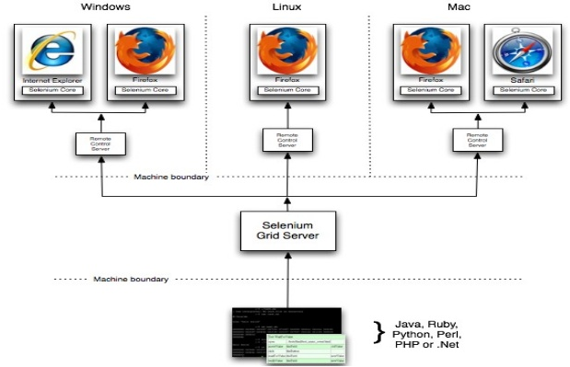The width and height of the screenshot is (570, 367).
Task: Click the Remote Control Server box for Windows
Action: pos(99,143)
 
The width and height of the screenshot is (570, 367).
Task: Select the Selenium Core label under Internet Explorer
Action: pos(53,91)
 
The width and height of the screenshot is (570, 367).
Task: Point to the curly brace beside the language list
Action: pos(378,330)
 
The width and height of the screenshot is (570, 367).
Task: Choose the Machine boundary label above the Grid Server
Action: pos(171,177)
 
